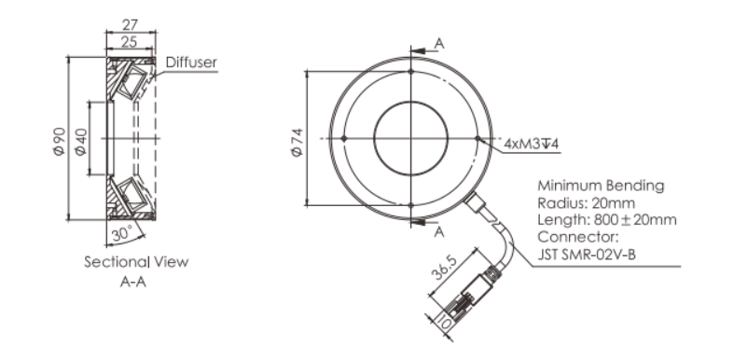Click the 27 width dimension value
[x=130, y=24]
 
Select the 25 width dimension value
[x=130, y=42]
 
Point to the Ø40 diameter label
[x=81, y=139]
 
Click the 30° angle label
[x=123, y=233]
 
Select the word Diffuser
[x=191, y=62]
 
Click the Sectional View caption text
[x=136, y=262]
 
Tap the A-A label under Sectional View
[x=133, y=282]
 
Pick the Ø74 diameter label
[x=298, y=143]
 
